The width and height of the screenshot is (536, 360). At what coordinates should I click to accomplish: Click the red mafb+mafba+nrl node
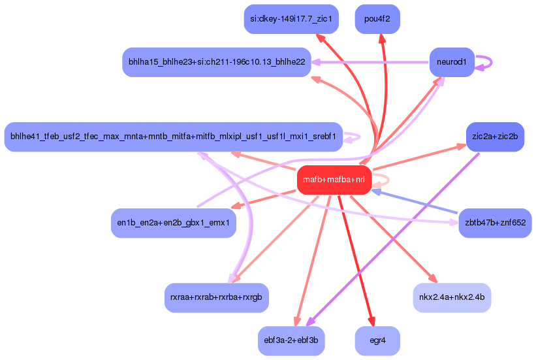click(x=334, y=180)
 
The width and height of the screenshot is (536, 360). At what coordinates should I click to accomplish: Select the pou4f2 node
click(x=377, y=19)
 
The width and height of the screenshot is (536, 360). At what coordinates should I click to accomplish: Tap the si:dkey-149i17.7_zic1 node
click(x=291, y=19)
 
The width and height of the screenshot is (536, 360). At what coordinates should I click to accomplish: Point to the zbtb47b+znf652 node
click(x=495, y=223)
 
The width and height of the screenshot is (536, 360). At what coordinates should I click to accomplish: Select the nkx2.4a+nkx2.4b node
click(x=452, y=297)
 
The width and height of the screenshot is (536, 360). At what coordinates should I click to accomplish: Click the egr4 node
click(x=377, y=340)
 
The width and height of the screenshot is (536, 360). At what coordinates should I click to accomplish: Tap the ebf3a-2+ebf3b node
click(x=291, y=340)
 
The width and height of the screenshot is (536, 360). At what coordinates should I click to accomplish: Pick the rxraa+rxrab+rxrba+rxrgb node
click(x=216, y=297)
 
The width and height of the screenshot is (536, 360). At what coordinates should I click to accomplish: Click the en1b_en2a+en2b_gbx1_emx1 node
click(x=173, y=223)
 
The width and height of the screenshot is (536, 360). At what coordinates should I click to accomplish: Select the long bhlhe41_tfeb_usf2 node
click(x=173, y=137)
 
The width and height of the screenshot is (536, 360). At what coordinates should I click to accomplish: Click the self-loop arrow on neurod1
click(x=486, y=63)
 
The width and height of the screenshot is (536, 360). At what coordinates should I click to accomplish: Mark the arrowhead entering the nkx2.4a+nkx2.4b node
click(x=431, y=278)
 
